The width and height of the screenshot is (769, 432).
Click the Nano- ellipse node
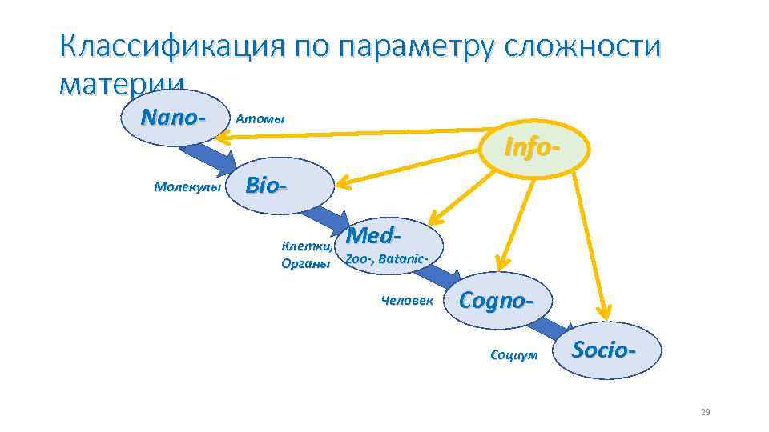(171, 118)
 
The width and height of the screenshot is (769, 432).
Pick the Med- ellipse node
(392, 245)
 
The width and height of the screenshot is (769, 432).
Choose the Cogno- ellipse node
(496, 300)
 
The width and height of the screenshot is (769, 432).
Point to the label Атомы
(260, 119)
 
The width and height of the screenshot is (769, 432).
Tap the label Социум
(513, 354)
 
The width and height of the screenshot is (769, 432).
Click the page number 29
(705, 412)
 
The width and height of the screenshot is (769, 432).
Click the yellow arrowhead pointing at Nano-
(229, 138)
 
